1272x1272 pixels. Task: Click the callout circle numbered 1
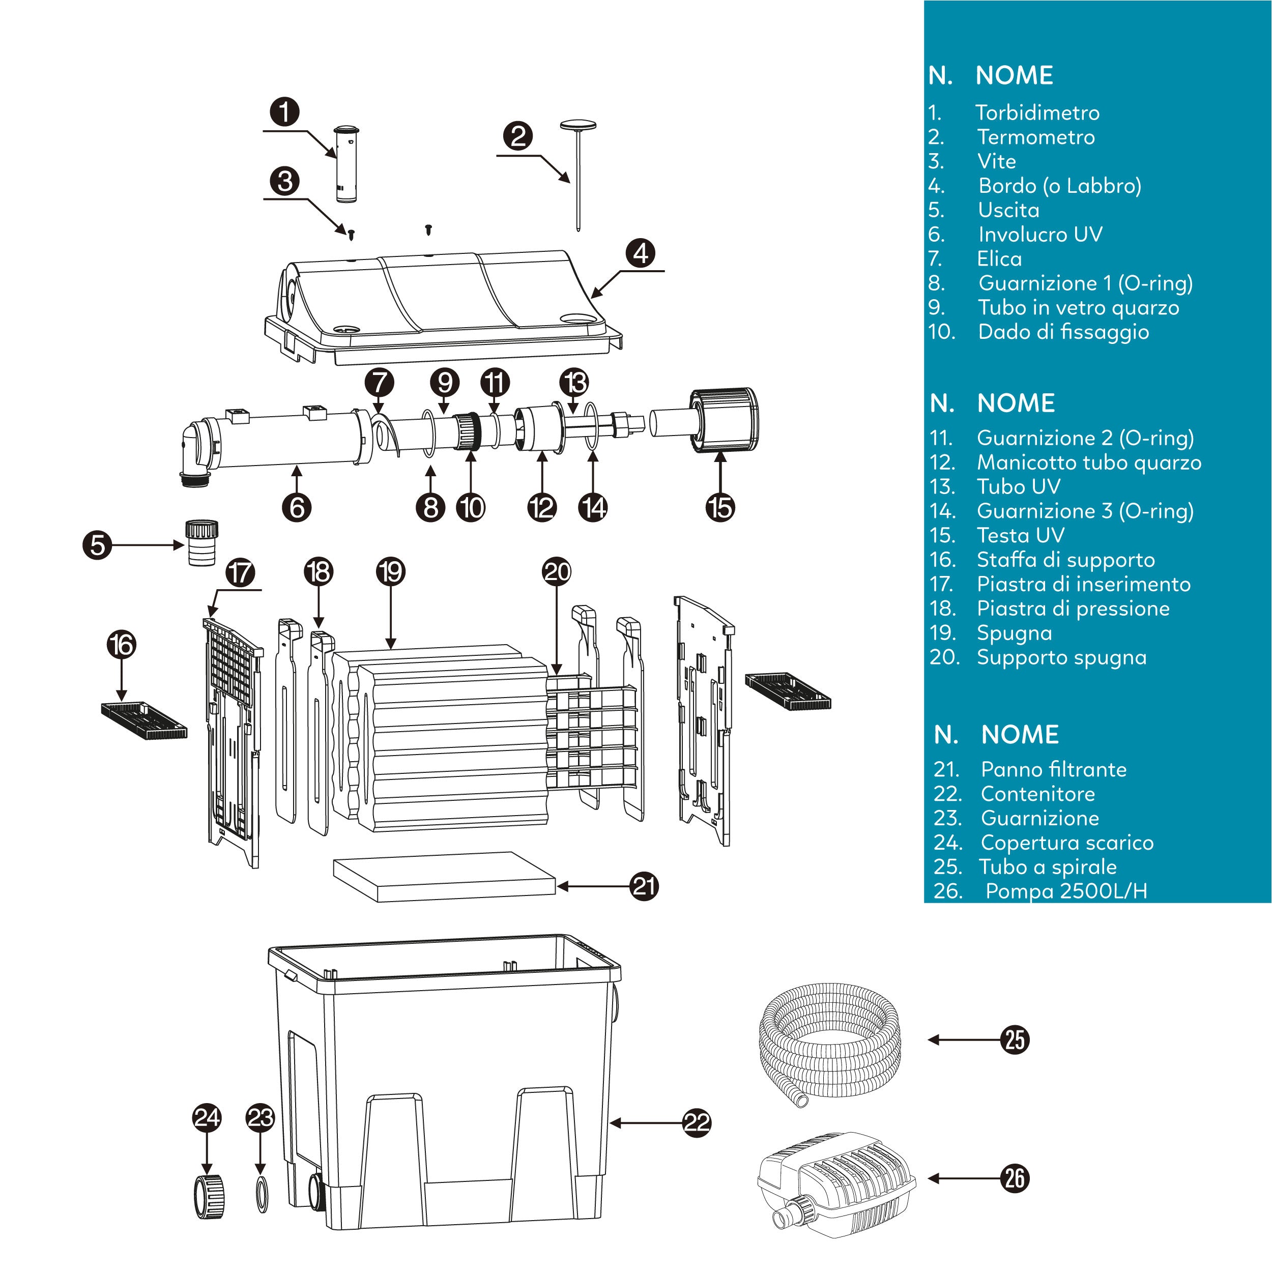point(284,112)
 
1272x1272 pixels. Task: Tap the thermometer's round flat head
point(578,125)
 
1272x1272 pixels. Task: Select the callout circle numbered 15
point(720,508)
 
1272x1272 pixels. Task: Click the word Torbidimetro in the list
point(1037,112)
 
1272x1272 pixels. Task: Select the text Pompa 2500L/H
point(1066,891)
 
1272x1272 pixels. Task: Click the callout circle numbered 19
point(391,571)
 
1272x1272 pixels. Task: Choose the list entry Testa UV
point(1021,535)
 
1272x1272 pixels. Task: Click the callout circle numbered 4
point(641,253)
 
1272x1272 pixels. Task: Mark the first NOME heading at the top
point(1014,75)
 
